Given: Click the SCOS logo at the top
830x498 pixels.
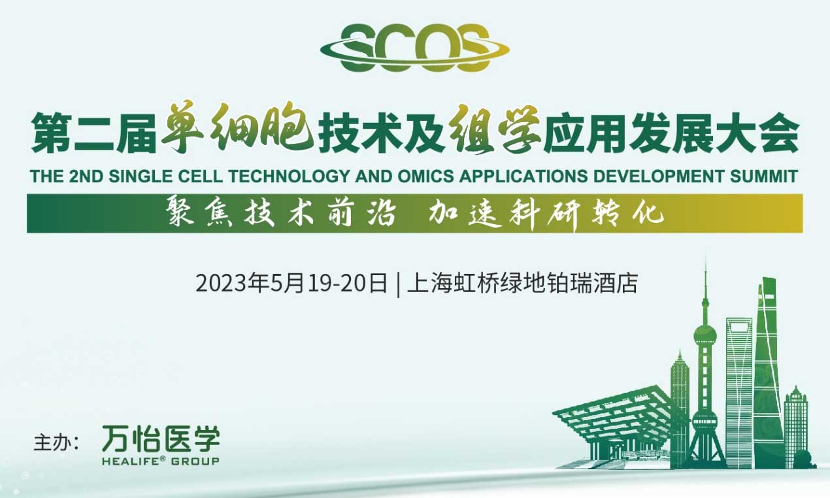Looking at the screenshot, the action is [414, 48].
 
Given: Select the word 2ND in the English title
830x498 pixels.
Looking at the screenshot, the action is [86, 176].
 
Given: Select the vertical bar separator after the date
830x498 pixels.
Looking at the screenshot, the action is [398, 284].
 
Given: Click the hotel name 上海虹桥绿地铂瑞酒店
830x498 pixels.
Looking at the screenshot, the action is [522, 284].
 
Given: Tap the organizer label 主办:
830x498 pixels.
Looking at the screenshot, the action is [56, 443].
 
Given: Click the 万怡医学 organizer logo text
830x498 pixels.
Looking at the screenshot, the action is [161, 439].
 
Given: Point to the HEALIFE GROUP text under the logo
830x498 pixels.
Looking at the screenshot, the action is [161, 461].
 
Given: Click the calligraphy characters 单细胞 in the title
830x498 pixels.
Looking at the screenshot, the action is [237, 128].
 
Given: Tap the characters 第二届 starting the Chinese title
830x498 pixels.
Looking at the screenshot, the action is [94, 133].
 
